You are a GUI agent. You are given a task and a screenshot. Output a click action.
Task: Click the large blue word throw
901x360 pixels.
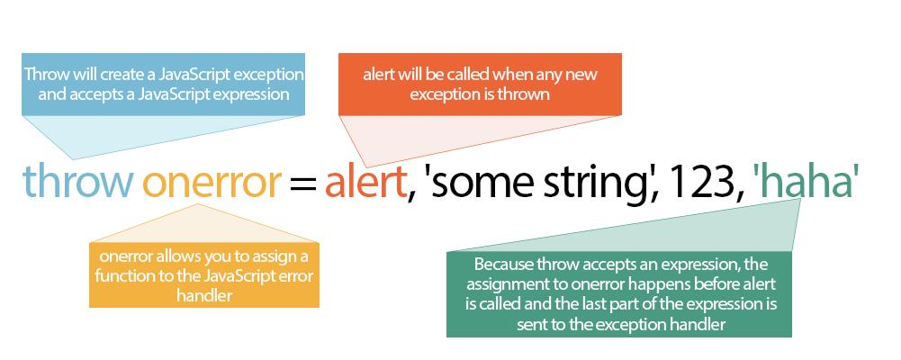click(77, 180)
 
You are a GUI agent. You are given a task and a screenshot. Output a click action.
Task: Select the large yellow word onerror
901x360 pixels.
click(212, 184)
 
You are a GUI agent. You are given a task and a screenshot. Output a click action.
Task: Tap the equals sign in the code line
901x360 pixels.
click(302, 184)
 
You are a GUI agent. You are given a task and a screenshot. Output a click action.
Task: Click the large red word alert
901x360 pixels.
click(365, 180)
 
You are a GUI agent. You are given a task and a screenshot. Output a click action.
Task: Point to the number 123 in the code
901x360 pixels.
click(703, 182)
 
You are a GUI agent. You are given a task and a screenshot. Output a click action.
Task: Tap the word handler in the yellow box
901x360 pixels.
click(204, 296)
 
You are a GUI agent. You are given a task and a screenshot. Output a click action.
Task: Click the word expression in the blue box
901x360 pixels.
click(250, 94)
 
